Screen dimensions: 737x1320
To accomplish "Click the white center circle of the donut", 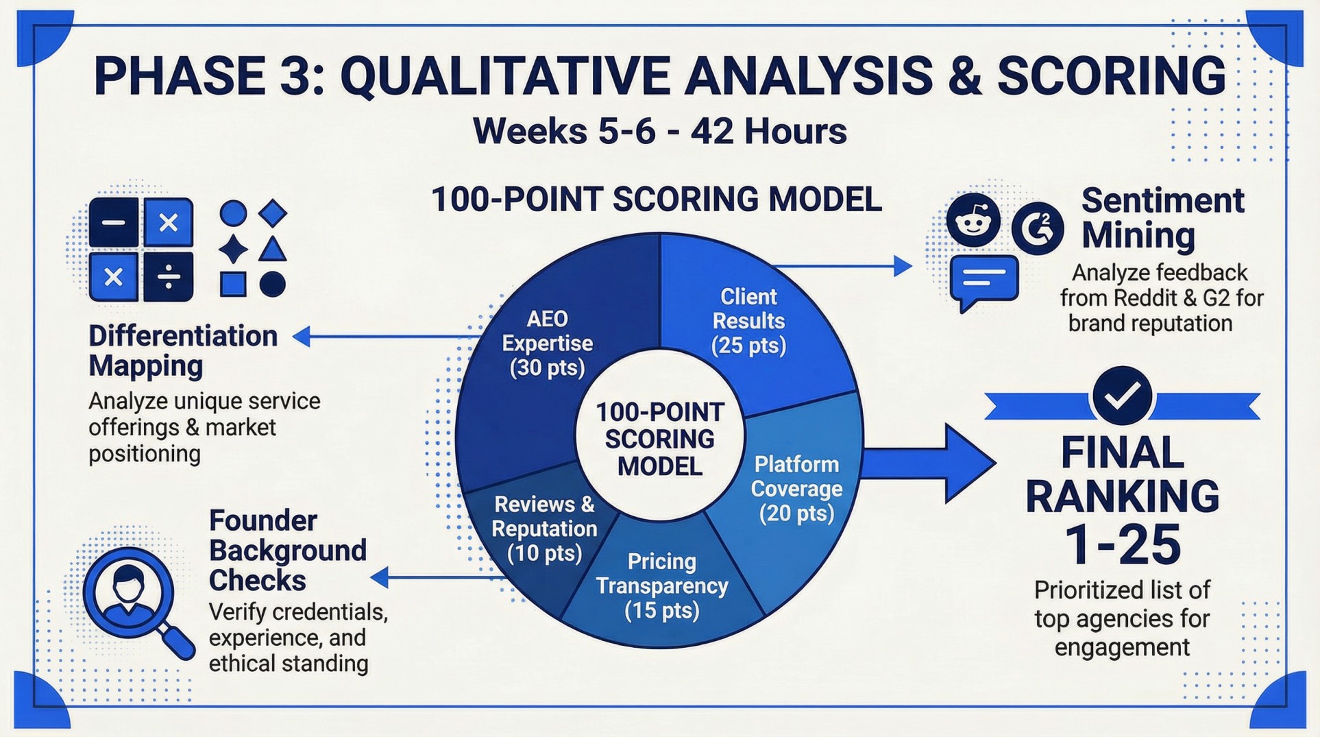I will click(659, 439).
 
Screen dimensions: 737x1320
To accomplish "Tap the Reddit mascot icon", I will click(973, 221).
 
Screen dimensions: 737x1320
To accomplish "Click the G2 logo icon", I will click(1038, 228).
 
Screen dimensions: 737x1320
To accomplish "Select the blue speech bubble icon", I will click(983, 282).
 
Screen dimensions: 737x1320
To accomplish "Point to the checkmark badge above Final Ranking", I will click(1122, 396).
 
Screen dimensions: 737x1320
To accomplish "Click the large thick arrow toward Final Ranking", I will click(932, 462).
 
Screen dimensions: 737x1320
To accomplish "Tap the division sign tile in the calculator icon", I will click(169, 277).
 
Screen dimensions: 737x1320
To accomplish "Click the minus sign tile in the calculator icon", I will click(114, 223).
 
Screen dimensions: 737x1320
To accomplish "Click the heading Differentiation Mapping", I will click(183, 350).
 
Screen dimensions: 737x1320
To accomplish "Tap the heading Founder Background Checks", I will click(287, 550).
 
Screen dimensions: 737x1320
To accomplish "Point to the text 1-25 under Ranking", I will click(1122, 544).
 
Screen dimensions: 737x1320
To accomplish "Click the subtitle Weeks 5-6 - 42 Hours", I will click(659, 131).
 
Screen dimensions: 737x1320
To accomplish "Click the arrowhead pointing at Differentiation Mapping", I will click(302, 336).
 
